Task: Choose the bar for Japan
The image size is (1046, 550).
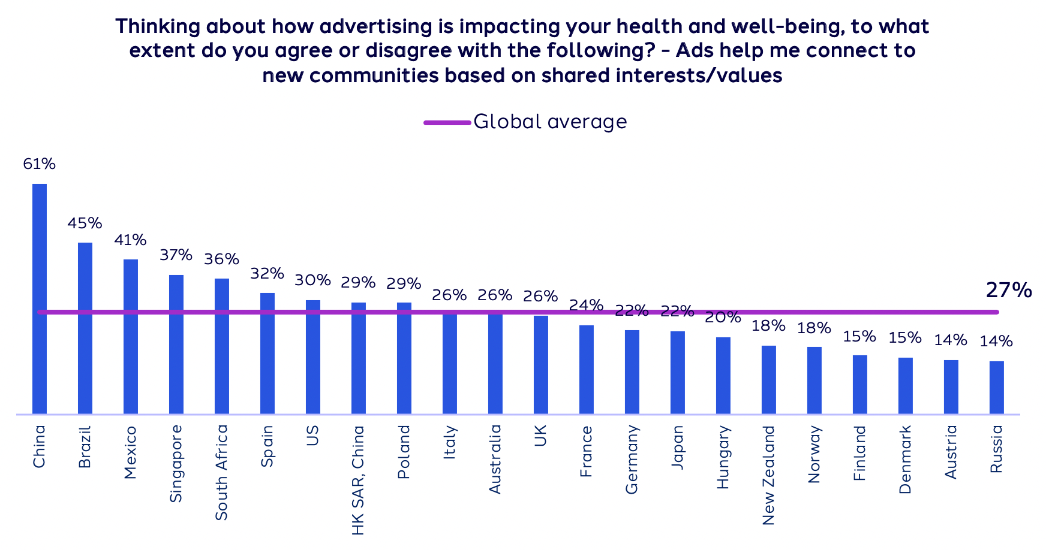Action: pos(678,372)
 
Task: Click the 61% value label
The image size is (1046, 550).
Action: pos(40,164)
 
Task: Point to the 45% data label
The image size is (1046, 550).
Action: pos(85,223)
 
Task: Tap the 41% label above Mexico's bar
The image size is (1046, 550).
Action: pos(130,240)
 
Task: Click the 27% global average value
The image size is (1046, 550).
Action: pos(1009,291)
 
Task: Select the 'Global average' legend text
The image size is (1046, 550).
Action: pos(550,122)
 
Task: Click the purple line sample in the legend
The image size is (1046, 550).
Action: pos(447,122)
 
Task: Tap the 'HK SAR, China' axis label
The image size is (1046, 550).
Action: pos(358,480)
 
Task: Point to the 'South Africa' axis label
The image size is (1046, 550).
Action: pos(221,472)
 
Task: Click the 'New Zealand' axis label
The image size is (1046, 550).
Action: pos(768,475)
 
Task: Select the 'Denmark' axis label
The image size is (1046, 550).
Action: pos(905,460)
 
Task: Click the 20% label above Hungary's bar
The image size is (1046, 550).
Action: pos(723,318)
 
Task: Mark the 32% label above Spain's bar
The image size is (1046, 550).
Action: pos(267,274)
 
